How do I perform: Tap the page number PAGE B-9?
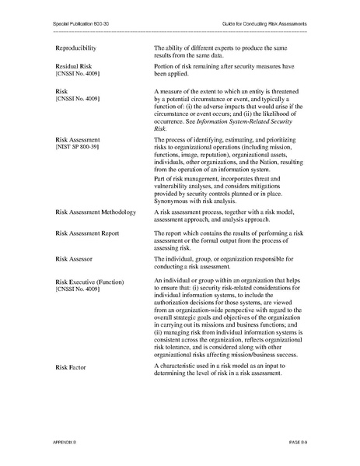[x=295, y=441]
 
